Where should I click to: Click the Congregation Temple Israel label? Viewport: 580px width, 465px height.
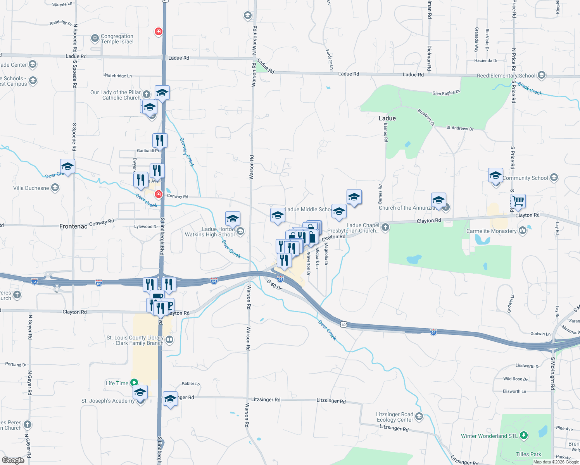click(117, 39)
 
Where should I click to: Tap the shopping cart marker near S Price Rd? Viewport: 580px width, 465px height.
click(518, 201)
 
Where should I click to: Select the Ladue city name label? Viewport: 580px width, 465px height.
click(387, 118)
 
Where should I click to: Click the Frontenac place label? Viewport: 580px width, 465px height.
click(73, 226)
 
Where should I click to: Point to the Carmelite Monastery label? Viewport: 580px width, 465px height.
click(491, 231)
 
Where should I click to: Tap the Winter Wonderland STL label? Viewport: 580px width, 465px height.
click(489, 436)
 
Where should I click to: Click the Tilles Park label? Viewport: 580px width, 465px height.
click(528, 454)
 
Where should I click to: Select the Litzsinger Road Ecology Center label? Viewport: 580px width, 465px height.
click(395, 417)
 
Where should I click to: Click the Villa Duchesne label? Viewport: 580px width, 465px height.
click(31, 188)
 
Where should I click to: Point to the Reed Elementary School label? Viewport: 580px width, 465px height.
click(506, 76)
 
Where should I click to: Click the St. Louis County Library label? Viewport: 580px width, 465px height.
click(135, 340)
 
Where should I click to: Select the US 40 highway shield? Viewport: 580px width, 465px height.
click(344, 324)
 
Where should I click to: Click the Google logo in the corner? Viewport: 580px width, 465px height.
click(13, 460)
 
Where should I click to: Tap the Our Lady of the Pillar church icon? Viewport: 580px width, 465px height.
click(146, 94)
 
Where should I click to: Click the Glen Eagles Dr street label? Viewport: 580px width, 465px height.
click(446, 93)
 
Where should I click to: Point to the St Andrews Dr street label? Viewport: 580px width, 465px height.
click(460, 128)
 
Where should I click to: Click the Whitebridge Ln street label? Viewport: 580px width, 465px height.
click(117, 76)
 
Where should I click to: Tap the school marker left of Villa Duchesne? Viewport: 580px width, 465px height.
click(67, 167)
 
